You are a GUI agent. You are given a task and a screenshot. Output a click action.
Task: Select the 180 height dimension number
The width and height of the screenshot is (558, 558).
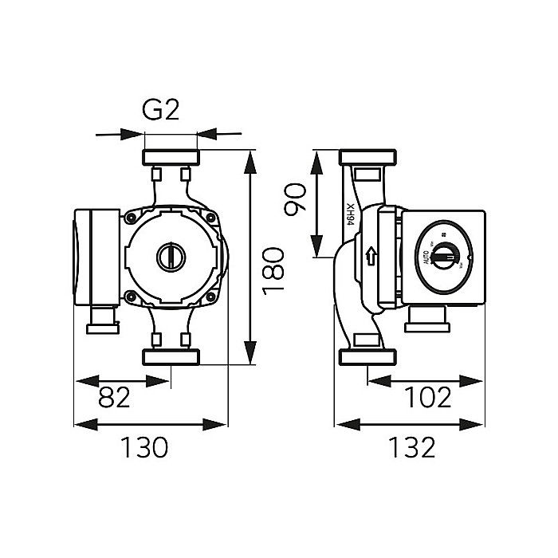273,271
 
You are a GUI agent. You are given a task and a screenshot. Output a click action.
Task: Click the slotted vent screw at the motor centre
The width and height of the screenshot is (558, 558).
170,257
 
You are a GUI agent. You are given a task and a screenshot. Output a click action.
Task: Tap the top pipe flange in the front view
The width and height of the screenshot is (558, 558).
170,157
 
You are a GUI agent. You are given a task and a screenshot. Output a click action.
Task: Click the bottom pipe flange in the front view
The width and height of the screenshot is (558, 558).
170,357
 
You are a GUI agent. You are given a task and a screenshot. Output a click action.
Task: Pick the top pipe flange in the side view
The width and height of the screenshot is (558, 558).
366,157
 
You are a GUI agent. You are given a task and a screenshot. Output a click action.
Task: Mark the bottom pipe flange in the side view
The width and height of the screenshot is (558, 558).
366,357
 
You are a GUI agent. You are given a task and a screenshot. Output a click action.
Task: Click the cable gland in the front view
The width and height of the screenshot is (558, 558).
104,324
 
